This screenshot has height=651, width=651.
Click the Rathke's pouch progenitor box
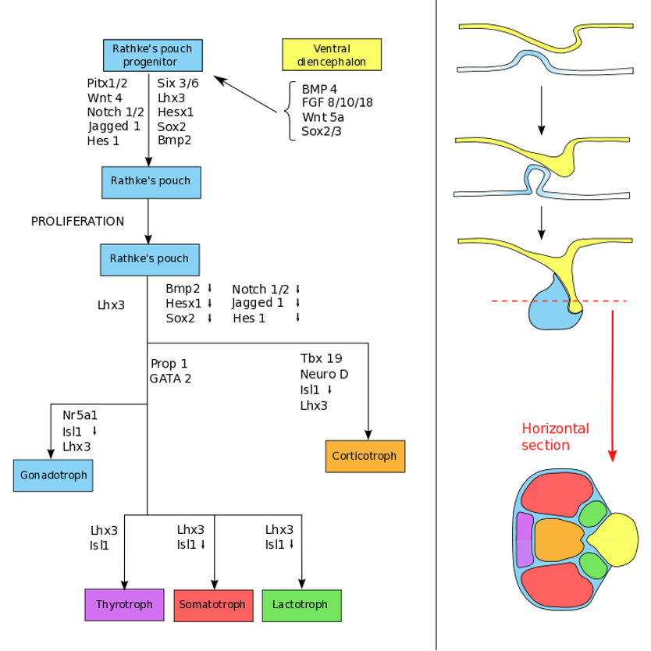(x=153, y=54)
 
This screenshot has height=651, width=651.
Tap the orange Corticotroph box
(x=365, y=456)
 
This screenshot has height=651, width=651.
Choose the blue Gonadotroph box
(x=53, y=475)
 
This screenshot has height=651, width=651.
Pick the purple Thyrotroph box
(x=124, y=604)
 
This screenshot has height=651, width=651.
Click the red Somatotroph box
(x=212, y=605)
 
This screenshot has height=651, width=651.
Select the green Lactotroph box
(x=301, y=605)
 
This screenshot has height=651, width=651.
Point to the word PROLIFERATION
(x=77, y=221)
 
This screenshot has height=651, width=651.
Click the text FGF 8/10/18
(x=337, y=101)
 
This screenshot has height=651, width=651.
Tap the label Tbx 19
(x=321, y=358)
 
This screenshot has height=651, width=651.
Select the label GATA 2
(x=170, y=379)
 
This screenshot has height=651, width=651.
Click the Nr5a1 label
(x=80, y=416)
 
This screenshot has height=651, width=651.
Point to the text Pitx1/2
(x=108, y=83)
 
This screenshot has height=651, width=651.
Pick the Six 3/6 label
(x=178, y=83)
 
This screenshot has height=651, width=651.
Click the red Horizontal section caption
(x=555, y=436)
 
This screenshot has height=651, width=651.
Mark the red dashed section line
(x=559, y=301)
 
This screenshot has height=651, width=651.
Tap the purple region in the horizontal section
(x=525, y=539)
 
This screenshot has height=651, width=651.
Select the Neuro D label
(x=324, y=374)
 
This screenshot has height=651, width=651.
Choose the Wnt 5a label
(x=323, y=116)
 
